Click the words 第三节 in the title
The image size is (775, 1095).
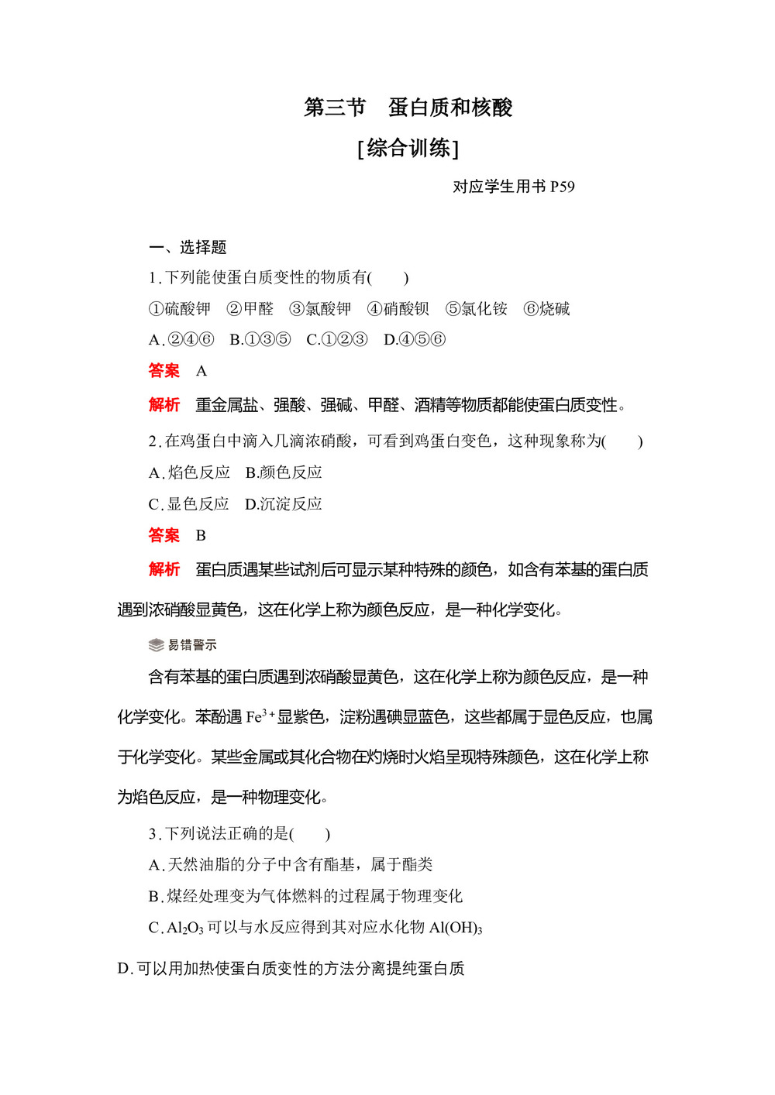click(334, 108)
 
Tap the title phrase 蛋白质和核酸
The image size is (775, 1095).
click(450, 108)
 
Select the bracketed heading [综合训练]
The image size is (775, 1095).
click(408, 148)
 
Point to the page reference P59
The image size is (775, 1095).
click(562, 187)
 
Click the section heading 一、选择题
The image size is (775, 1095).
click(188, 247)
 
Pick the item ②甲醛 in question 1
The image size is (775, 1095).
click(250, 309)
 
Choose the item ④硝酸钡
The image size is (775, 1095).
click(398, 309)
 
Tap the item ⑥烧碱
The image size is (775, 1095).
click(546, 309)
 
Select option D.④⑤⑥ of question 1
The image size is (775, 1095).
click(415, 340)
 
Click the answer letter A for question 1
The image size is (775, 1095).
click(201, 371)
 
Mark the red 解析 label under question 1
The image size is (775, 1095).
click(164, 405)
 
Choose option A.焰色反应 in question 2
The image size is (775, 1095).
click(189, 472)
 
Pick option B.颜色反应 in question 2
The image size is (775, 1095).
click(284, 472)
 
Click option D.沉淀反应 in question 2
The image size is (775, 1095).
click(283, 504)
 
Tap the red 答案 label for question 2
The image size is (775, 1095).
click(164, 535)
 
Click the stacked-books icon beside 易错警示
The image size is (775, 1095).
click(156, 645)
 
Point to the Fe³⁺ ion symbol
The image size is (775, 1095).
click(260, 717)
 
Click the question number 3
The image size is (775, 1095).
click(153, 834)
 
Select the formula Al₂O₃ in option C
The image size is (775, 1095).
click(184, 928)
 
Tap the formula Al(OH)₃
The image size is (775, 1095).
click(456, 928)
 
